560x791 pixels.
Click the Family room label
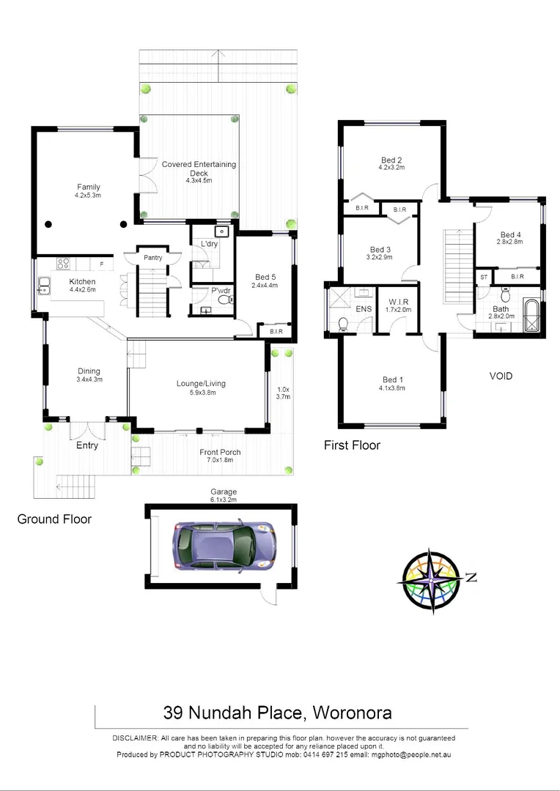point(88,187)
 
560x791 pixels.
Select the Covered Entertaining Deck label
point(199,165)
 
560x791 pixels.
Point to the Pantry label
point(152,257)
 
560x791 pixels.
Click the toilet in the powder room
point(224,299)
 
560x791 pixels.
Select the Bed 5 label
point(265,277)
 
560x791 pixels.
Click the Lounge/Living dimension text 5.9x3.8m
point(200,393)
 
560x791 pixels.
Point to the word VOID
point(501,376)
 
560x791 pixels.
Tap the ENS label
point(364,309)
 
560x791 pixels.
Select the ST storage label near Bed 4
point(484,278)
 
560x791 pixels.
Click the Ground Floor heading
point(54,519)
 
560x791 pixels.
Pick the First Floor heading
point(352,445)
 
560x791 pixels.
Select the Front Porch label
point(220,452)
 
